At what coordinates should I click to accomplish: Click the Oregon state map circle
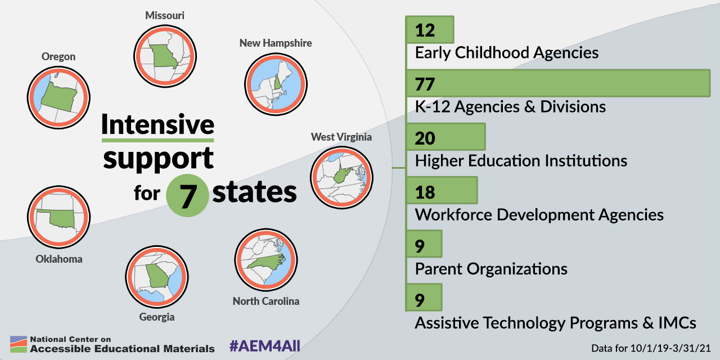pyautogui.click(x=58, y=98)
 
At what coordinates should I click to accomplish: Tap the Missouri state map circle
pyautogui.click(x=165, y=56)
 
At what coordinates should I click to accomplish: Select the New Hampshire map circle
pyautogui.click(x=276, y=84)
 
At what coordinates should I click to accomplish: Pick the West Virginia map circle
pyautogui.click(x=341, y=178)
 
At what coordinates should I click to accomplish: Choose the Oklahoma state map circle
pyautogui.click(x=58, y=217)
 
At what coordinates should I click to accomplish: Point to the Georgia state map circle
pyautogui.click(x=157, y=277)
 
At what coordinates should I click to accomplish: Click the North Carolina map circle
pyautogui.click(x=266, y=260)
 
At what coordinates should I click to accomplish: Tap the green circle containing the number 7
pyautogui.click(x=187, y=195)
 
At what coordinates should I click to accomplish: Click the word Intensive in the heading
pyautogui.click(x=158, y=124)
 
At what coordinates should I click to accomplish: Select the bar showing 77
pyautogui.click(x=559, y=83)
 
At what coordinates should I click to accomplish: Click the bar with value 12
pyautogui.click(x=430, y=29)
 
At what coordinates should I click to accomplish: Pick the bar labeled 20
pyautogui.click(x=446, y=137)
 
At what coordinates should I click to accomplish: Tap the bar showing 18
pyautogui.click(x=442, y=190)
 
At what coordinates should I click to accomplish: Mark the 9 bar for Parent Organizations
pyautogui.click(x=424, y=244)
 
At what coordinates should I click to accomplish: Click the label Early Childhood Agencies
pyautogui.click(x=507, y=53)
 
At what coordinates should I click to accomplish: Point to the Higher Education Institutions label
pyautogui.click(x=521, y=161)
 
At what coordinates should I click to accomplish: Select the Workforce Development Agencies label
pyautogui.click(x=539, y=215)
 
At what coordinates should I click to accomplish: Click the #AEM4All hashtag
pyautogui.click(x=265, y=346)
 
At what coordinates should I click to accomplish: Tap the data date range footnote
pyautogui.click(x=651, y=348)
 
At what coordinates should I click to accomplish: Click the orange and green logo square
pyautogui.click(x=19, y=344)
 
